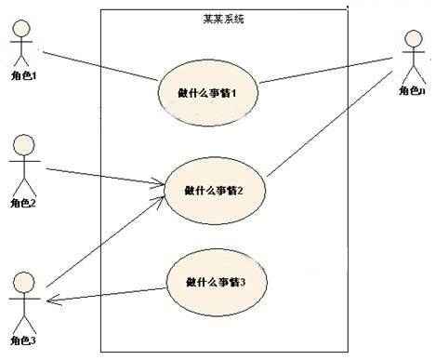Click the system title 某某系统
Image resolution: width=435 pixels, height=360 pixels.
click(224, 19)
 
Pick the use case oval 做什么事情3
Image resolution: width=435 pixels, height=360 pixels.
click(215, 280)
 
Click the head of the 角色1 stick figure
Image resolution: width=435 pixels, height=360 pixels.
click(20, 26)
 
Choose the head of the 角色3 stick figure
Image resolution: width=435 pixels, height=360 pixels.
click(22, 280)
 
